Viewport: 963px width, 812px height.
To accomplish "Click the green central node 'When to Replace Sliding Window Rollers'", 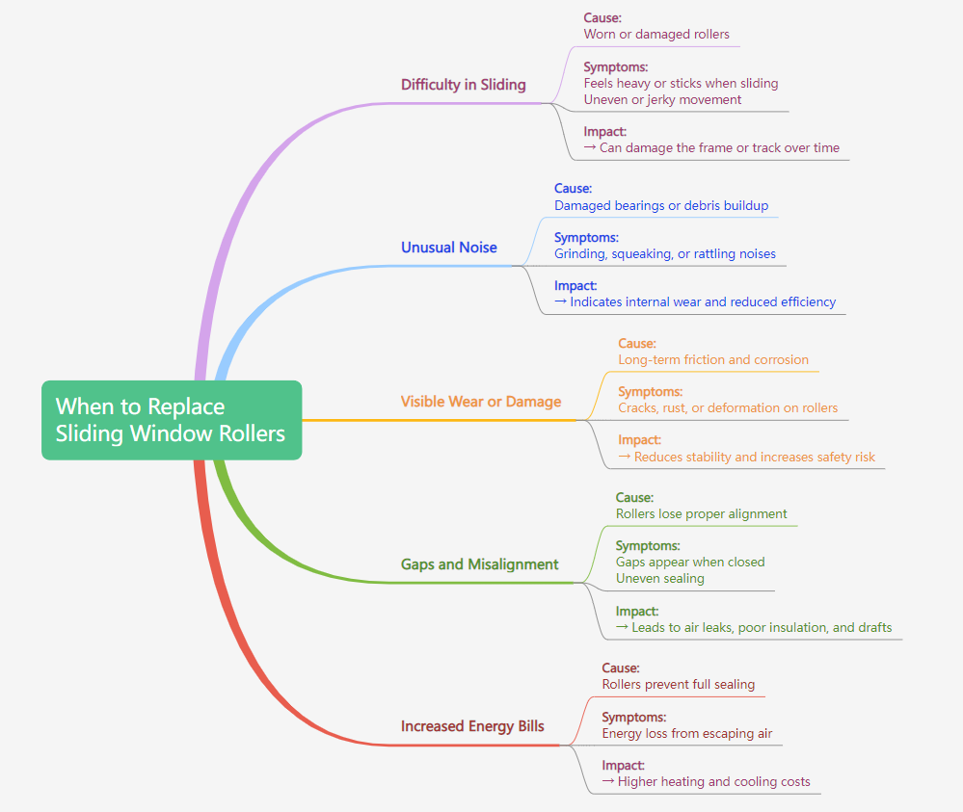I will (x=171, y=420).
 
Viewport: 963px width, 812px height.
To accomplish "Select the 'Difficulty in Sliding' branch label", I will (x=464, y=85).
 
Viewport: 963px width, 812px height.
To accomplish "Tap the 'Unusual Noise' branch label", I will (x=449, y=248).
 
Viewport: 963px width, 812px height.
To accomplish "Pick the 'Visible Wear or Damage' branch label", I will (x=481, y=402).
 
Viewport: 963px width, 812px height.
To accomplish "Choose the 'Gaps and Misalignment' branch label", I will (x=480, y=564).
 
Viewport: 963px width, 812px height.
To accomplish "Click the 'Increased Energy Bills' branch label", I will (x=472, y=726).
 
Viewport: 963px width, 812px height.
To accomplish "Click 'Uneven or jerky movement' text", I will (x=662, y=100).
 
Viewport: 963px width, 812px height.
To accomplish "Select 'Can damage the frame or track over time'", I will (x=718, y=148).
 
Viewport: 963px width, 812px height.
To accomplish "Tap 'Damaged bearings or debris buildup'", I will (x=661, y=205).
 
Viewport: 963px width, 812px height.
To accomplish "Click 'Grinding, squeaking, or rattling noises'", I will (x=665, y=254).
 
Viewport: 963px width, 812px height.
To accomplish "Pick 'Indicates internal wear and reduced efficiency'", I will (x=702, y=302).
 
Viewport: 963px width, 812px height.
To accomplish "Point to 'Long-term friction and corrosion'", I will (x=713, y=360).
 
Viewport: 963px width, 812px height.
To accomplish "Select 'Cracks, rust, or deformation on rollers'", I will (x=728, y=408).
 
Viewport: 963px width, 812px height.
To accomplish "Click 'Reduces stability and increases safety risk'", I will (x=754, y=458).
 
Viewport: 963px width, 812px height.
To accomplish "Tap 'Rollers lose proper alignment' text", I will (x=702, y=514).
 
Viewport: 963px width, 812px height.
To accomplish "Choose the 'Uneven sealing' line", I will (x=660, y=579).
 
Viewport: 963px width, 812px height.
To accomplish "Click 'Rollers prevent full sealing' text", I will (x=679, y=685).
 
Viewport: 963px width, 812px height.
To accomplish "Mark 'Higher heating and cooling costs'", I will (x=713, y=782).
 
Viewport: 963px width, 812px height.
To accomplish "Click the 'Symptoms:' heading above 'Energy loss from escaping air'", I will (x=634, y=718).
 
